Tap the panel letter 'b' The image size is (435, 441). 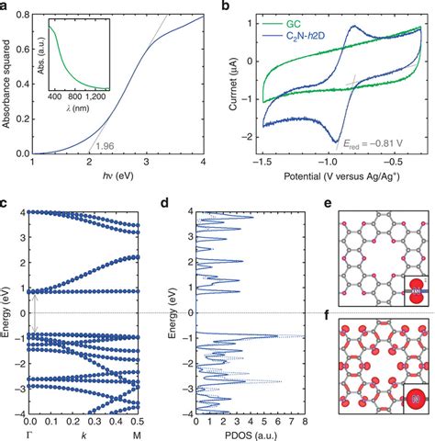tap(223, 6)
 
